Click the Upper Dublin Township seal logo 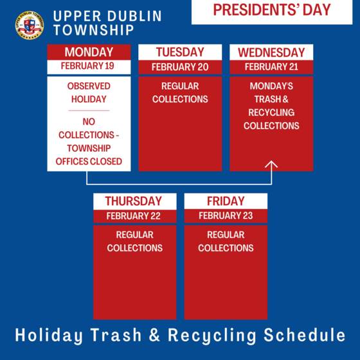(x=29, y=24)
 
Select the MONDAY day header (x=89, y=52)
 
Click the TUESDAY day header (x=180, y=52)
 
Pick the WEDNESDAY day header (x=271, y=52)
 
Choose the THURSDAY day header (x=134, y=201)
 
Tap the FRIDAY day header (x=226, y=201)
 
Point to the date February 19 (x=89, y=66)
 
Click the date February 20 (x=180, y=67)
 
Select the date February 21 (x=271, y=67)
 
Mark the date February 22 (x=134, y=216)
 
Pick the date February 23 (x=226, y=216)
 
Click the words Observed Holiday (x=89, y=93)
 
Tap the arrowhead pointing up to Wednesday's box (x=271, y=165)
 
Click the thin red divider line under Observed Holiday (x=89, y=111)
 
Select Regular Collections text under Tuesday (x=180, y=93)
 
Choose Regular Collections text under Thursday (x=134, y=241)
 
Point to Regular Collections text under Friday (x=226, y=241)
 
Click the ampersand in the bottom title (x=157, y=335)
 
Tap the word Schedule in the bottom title (x=305, y=335)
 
